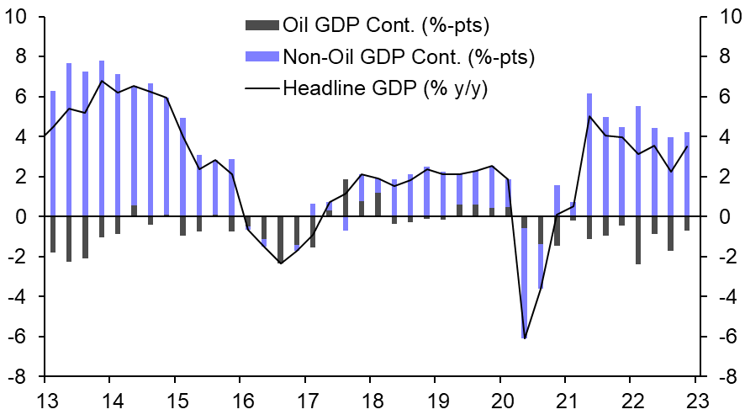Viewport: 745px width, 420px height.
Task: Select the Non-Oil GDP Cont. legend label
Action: click(409, 56)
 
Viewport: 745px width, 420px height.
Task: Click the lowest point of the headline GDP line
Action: click(525, 338)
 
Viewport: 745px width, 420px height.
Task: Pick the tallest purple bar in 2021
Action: click(590, 155)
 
